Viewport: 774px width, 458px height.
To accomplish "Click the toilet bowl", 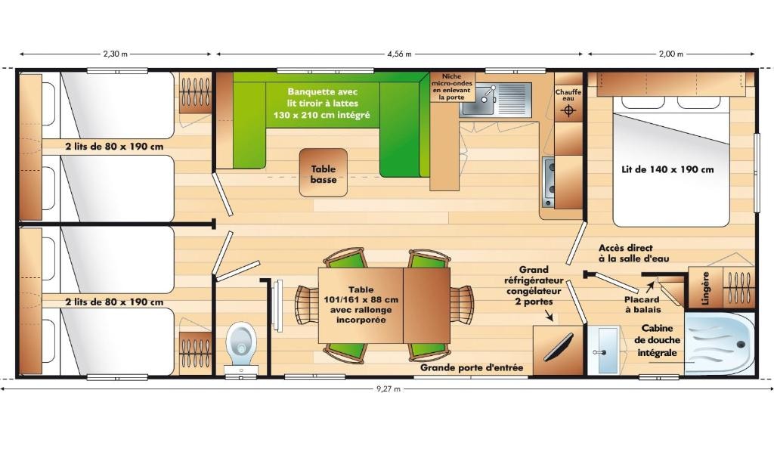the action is coord(241,343).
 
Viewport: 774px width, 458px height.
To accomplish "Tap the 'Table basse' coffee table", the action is coord(324,173).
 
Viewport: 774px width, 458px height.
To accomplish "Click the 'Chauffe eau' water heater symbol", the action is coord(568,110).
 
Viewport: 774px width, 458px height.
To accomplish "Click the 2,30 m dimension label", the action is coord(115,54).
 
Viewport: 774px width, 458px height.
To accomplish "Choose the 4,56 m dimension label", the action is coord(399,54).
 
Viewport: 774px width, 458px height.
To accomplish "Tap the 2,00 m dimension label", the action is coord(671,54).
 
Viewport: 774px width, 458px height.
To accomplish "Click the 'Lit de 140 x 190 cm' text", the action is coord(667,169).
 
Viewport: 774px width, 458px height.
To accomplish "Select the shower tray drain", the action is coord(741,345).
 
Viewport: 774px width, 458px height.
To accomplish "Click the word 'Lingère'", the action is coord(705,288).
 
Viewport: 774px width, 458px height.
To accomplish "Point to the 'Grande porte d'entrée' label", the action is coord(472,367).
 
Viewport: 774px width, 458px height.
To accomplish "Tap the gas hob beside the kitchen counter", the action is coord(549,181).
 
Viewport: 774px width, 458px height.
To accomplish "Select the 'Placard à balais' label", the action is coord(642,305).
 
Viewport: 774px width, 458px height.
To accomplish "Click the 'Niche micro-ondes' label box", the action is coord(452,87).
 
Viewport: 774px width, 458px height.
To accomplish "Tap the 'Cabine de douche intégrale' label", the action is coord(657,340).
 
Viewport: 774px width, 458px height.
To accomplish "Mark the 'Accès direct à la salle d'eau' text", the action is coord(634,252).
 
